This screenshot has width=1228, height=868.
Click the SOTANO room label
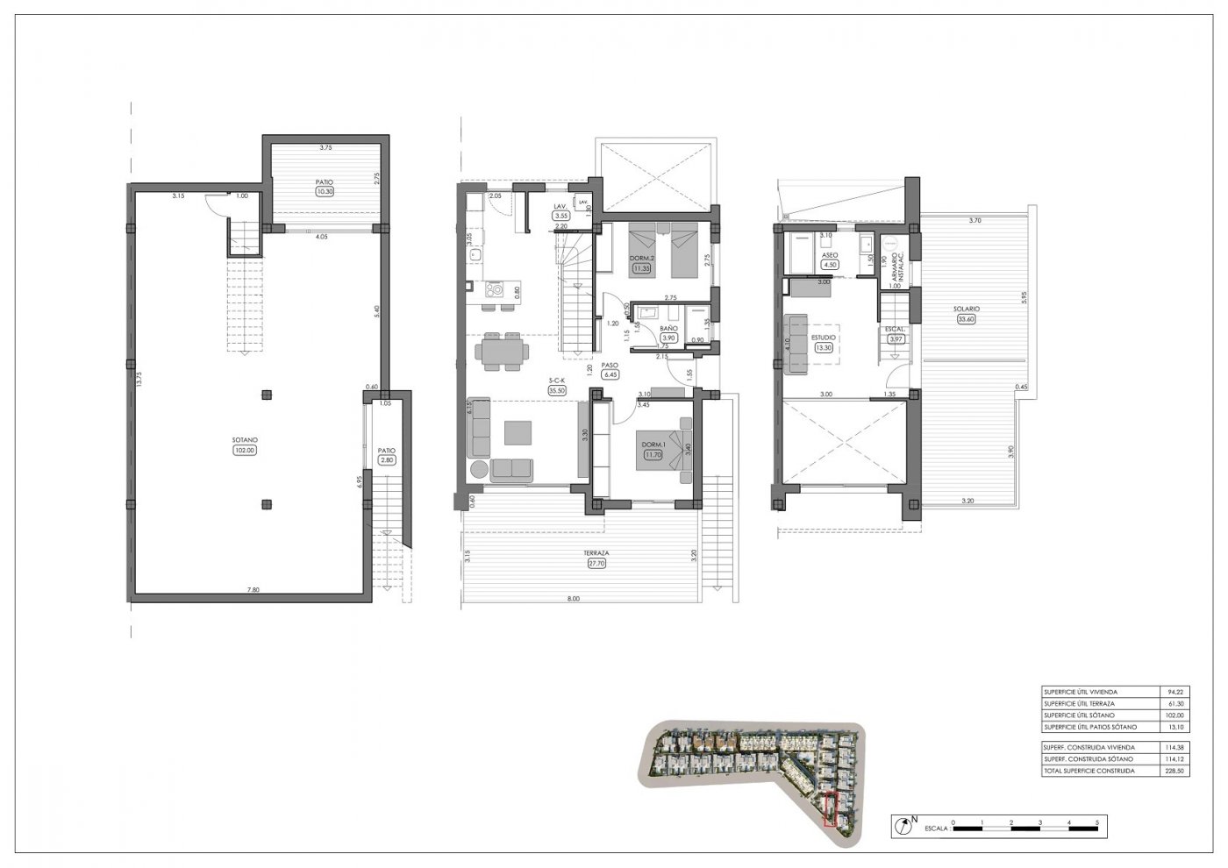pyautogui.click(x=244, y=439)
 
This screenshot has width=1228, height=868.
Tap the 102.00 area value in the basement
pyautogui.click(x=244, y=451)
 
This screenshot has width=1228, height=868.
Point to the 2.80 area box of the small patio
pyautogui.click(x=387, y=459)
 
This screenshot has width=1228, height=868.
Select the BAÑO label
pyautogui.click(x=668, y=328)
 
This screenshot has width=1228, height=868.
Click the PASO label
pyautogui.click(x=610, y=365)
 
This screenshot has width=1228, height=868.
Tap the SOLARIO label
pyautogui.click(x=967, y=309)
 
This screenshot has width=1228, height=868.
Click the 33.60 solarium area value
pyautogui.click(x=967, y=319)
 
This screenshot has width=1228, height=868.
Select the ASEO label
pyautogui.click(x=830, y=254)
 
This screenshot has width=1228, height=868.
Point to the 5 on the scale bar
pyautogui.click(x=1097, y=822)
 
